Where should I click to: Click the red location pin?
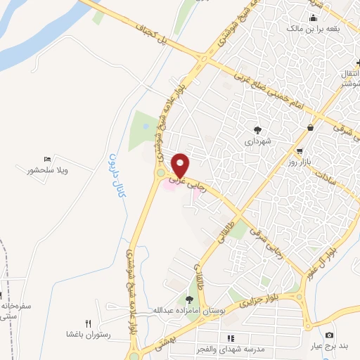coord(181,165)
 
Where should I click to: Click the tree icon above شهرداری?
coord(257,129)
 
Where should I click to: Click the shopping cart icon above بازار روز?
coord(300,151)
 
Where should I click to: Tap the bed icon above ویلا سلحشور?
coord(47,160)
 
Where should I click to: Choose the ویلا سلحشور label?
coord(46,170)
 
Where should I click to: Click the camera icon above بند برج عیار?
coord(329,335)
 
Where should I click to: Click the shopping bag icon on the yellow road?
coord(311,127)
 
